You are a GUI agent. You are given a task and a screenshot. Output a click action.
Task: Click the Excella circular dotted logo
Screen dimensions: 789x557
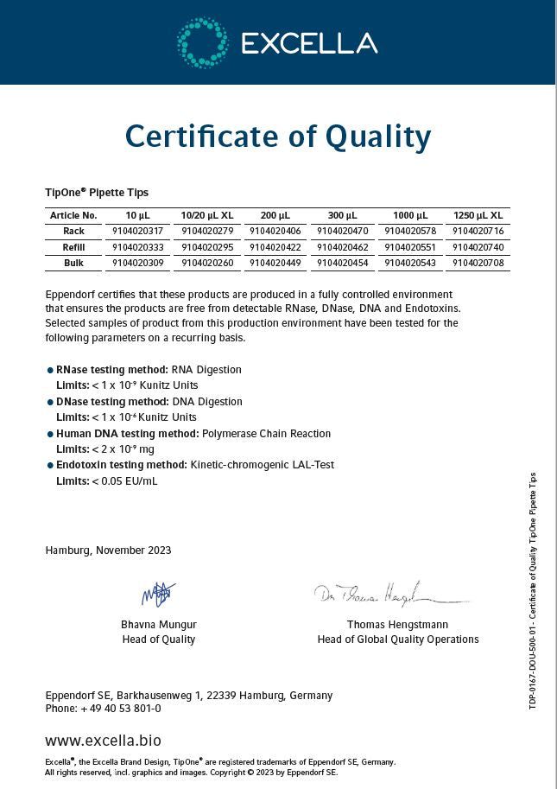tap(202, 41)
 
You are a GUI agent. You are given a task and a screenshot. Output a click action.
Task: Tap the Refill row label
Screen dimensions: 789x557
tap(73, 247)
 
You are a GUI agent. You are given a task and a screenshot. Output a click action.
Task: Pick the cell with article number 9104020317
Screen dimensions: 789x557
tap(137, 232)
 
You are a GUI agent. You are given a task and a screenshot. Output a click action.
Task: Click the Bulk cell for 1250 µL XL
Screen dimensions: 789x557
tap(478, 263)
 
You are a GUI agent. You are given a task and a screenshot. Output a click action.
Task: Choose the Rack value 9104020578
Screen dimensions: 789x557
tap(410, 232)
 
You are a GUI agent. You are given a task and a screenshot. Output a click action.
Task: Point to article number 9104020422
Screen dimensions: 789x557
tap(275, 247)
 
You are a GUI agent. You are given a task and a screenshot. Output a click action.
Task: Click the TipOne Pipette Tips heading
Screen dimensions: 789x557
tap(97, 192)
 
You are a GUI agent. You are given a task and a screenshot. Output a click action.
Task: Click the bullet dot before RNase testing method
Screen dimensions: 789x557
tap(50, 370)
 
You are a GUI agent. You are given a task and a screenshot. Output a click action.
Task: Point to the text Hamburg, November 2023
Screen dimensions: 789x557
tap(108, 550)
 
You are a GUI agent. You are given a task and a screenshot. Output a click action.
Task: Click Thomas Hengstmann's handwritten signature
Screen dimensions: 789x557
tap(389, 595)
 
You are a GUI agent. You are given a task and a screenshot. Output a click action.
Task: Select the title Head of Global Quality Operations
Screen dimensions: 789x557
tap(397, 639)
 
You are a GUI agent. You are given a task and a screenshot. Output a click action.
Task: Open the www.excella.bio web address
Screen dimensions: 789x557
tap(103, 741)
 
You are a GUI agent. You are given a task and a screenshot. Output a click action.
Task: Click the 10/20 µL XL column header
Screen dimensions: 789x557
tap(206, 215)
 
